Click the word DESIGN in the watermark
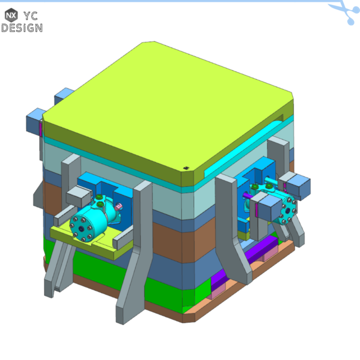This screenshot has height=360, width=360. pos(21,28)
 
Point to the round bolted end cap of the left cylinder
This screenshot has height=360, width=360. pos(82,226)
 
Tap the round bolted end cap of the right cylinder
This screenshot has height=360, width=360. pos(288,211)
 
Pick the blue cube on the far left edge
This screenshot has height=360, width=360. pos(35,120)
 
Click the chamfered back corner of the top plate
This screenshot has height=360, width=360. pos(147,43)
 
